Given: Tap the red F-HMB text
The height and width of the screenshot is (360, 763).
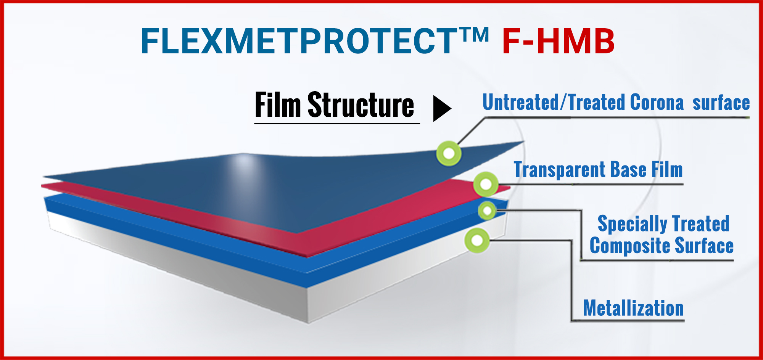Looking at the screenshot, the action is click(558, 41).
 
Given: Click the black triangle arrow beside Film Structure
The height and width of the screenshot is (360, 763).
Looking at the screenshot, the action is click(442, 109).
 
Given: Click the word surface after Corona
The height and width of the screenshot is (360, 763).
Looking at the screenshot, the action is click(721, 103).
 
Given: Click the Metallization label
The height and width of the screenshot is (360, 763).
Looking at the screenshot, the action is click(633, 308).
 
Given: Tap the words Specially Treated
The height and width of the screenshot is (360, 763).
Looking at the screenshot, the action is click(663, 223).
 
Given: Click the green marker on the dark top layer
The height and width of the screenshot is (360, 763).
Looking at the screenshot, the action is click(449, 153).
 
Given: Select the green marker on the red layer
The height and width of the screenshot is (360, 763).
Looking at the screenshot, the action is click(486, 184).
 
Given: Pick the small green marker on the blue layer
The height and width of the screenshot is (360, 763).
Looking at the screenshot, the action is click(487, 211).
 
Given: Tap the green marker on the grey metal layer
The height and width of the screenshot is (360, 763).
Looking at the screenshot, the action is click(477, 241).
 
